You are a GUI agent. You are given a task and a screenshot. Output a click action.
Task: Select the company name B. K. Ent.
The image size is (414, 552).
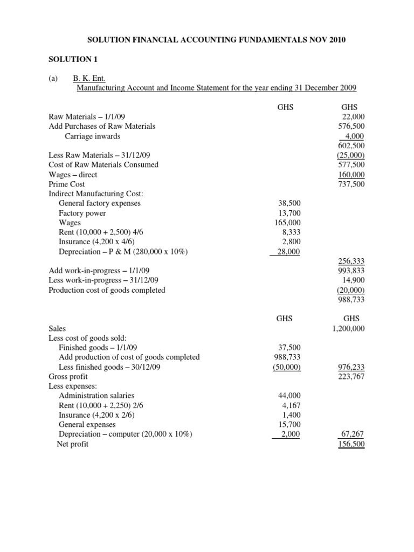[x=91, y=78]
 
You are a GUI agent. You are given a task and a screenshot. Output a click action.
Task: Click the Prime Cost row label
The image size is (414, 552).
[x=67, y=184]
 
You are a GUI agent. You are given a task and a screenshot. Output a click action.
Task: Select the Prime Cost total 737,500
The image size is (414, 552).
[x=351, y=184]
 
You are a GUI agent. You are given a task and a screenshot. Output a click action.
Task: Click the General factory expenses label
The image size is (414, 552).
[x=100, y=204]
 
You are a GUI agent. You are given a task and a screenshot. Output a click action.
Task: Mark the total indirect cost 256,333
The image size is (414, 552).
[x=351, y=261]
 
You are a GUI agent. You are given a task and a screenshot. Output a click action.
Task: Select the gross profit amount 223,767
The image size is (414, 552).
[x=351, y=376]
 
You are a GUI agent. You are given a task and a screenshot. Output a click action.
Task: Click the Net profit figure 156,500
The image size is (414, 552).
[x=351, y=444]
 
